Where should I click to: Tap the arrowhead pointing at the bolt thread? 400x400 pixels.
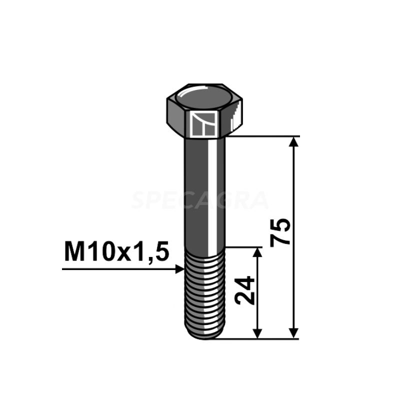click(x=180, y=269)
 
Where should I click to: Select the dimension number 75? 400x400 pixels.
click(x=280, y=231)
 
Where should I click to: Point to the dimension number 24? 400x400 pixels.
click(x=245, y=289)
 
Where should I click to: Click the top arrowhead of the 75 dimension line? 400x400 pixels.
click(x=294, y=142)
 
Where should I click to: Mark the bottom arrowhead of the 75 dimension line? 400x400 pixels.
click(x=294, y=332)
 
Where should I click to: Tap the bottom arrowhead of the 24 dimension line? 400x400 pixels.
click(x=257, y=332)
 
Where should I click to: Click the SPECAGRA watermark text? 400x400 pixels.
click(x=200, y=200)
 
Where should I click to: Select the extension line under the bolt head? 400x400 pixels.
click(x=265, y=136)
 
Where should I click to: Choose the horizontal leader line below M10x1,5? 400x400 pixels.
click(x=120, y=269)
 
